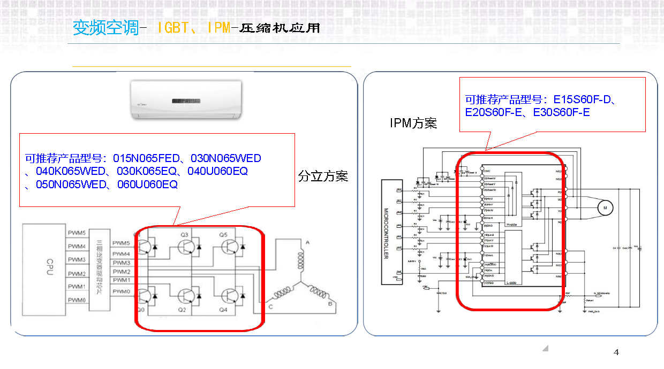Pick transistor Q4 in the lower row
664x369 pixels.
[x=230, y=296]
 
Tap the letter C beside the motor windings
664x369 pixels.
[x=271, y=306]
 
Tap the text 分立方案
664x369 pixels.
[x=323, y=176]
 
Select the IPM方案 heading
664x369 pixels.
[x=413, y=124]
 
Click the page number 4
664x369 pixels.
[x=616, y=352]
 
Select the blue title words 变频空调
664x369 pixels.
[x=105, y=28]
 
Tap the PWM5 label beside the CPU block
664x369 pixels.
[x=77, y=233]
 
